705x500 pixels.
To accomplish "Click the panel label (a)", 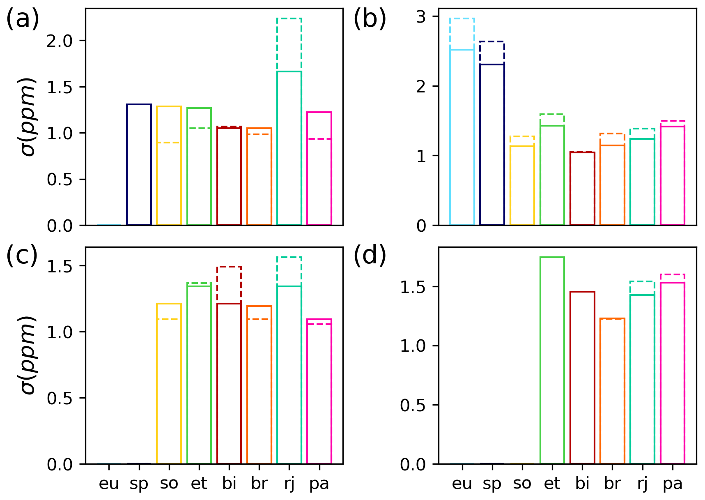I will pyautogui.click(x=23, y=19).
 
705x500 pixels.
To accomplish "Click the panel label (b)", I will pyautogui.click(x=370, y=19).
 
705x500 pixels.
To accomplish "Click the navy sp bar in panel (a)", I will pyautogui.click(x=139, y=164).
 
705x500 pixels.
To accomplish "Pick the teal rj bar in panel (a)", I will pyautogui.click(x=289, y=148).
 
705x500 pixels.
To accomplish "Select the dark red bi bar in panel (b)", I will pyautogui.click(x=582, y=189).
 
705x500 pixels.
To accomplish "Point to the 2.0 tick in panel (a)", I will pyautogui.click(x=65, y=41).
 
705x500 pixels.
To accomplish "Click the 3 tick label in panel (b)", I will pyautogui.click(x=421, y=16).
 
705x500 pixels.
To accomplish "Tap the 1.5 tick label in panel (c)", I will pyautogui.click(x=65, y=266).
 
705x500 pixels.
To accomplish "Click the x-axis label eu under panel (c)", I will pyautogui.click(x=109, y=484).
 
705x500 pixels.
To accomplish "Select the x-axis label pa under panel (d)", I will pyautogui.click(x=672, y=484).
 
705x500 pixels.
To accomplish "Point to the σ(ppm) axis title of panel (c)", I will pyautogui.click(x=28, y=355).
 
